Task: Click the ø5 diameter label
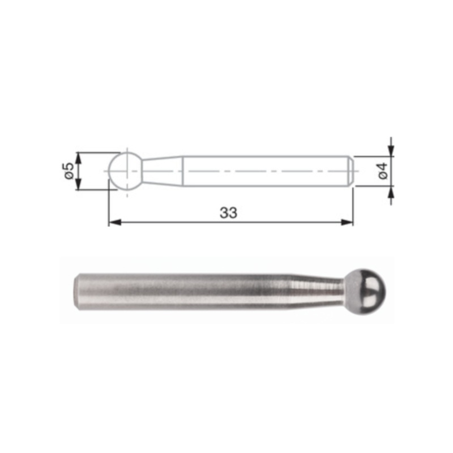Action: (x=67, y=171)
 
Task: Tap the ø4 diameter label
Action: (x=383, y=171)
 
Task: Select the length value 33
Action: (x=229, y=213)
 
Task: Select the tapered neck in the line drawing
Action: (x=162, y=170)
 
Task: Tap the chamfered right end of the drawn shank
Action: (x=351, y=170)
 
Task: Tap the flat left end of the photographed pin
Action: (x=76, y=290)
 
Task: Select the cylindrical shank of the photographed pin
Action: (x=187, y=290)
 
